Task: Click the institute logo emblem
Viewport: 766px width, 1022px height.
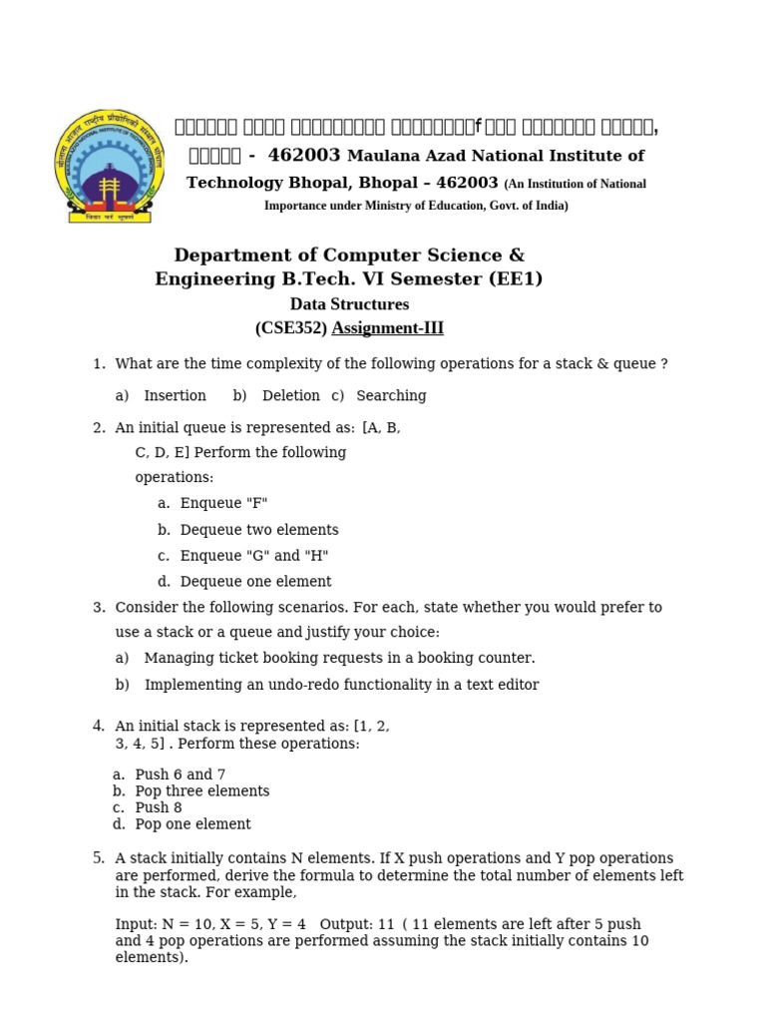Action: pos(109,166)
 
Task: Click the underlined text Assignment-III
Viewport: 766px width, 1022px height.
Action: pos(387,328)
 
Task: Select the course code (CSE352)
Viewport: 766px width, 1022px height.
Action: pos(291,328)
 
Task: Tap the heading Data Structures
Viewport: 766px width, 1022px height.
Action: pos(349,304)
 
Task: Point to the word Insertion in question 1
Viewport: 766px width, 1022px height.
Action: pos(175,396)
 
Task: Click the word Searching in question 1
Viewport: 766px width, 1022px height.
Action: pos(391,396)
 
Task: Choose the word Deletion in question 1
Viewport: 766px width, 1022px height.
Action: pos(290,396)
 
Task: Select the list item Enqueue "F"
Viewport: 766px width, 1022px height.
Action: pos(223,504)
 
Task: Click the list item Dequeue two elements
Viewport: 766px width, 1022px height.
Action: pos(259,530)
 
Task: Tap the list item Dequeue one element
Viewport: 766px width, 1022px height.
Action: pos(255,582)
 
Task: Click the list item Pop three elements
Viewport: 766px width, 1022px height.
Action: pos(202,791)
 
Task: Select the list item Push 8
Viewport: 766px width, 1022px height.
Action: pos(159,807)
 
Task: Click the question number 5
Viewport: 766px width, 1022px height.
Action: pos(98,858)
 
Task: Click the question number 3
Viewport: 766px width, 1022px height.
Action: pos(98,608)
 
